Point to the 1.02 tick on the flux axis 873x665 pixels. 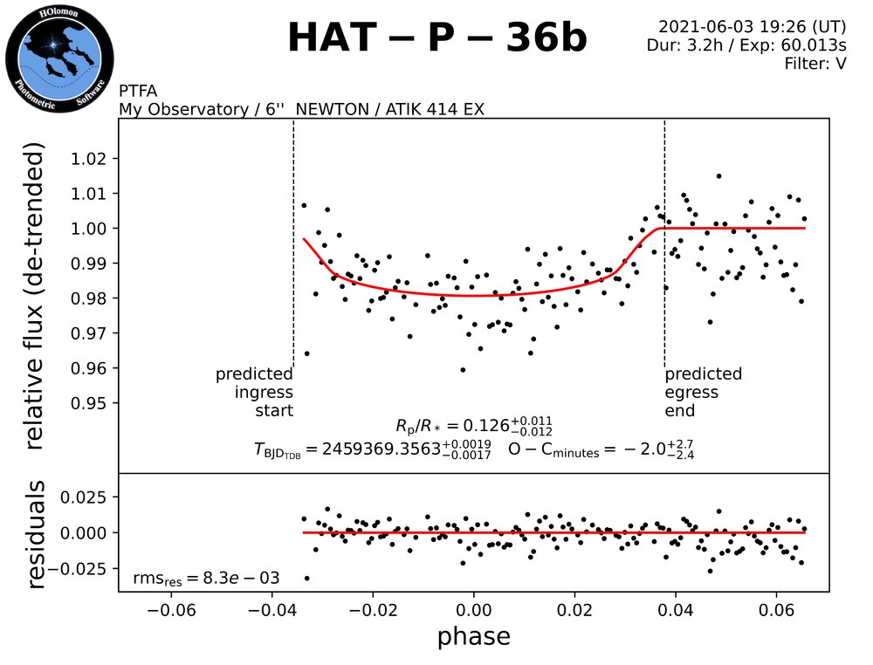tap(90, 159)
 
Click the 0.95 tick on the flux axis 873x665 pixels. tap(90, 404)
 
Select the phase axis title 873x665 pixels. tap(473, 636)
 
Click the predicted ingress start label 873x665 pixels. tap(254, 393)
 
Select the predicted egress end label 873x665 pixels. tap(704, 393)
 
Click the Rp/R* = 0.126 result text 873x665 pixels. tap(473, 427)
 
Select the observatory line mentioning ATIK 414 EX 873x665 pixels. tap(302, 109)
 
